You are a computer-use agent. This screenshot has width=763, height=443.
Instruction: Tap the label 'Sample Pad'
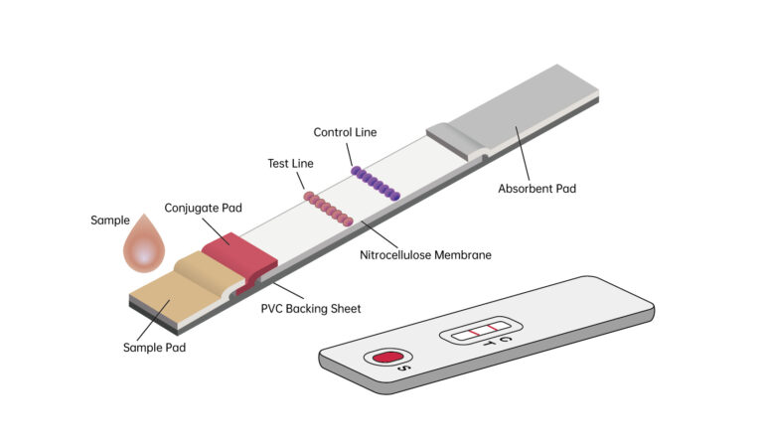tap(154, 348)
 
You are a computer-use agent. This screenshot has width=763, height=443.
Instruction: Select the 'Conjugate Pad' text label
tap(204, 208)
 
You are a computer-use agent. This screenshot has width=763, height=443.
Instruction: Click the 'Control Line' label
tap(345, 132)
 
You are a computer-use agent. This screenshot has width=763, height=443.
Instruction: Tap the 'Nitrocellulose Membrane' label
tap(425, 254)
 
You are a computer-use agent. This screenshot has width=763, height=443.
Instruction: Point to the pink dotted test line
tap(328, 208)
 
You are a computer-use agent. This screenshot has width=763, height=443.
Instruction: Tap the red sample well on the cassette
tap(384, 357)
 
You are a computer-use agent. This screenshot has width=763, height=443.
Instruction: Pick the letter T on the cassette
tap(488, 344)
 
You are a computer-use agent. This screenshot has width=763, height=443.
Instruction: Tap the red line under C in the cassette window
tap(493, 327)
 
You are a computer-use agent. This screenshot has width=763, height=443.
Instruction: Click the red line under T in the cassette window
tap(476, 330)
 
